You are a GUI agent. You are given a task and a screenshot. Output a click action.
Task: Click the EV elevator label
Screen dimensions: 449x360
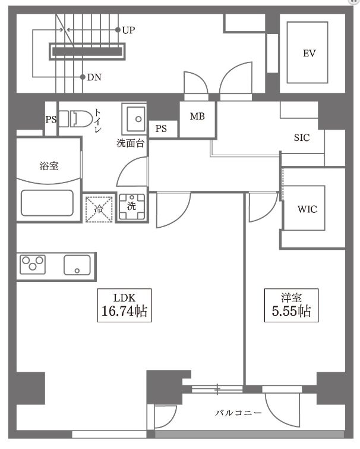pyautogui.click(x=308, y=54)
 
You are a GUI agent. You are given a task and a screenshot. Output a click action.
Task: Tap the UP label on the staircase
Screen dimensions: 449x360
pyautogui.click(x=129, y=29)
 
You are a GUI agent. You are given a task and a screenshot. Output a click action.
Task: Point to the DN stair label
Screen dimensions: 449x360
pyautogui.click(x=94, y=77)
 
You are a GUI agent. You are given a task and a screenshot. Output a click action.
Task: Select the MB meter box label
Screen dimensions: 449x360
pyautogui.click(x=197, y=117)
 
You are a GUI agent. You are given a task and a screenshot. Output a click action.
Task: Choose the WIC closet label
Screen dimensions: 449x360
pyautogui.click(x=307, y=209)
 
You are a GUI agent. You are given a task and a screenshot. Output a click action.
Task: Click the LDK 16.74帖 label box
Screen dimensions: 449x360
pyautogui.click(x=125, y=304)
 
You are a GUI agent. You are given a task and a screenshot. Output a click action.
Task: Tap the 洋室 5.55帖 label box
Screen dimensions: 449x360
pyautogui.click(x=291, y=304)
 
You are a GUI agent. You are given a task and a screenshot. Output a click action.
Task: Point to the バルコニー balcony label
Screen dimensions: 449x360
pyautogui.click(x=238, y=412)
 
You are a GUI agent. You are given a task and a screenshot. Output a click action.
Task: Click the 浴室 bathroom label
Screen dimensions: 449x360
pyautogui.click(x=49, y=166)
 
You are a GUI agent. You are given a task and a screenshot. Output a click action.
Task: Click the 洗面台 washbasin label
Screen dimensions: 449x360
pyautogui.click(x=130, y=143)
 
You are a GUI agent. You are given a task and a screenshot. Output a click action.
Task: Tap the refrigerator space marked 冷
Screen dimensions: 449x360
pyautogui.click(x=99, y=209)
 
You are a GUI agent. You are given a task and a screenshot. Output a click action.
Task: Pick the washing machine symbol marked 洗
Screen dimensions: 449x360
pyautogui.click(x=131, y=208)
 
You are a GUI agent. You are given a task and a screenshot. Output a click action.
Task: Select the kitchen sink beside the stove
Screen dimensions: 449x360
pyautogui.click(x=77, y=265)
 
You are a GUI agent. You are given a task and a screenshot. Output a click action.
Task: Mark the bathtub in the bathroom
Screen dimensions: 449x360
pyautogui.click(x=48, y=203)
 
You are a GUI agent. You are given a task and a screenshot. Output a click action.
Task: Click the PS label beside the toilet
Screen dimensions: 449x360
pyautogui.click(x=51, y=120)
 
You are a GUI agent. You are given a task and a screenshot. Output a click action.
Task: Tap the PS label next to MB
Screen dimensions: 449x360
pyautogui.click(x=161, y=128)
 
